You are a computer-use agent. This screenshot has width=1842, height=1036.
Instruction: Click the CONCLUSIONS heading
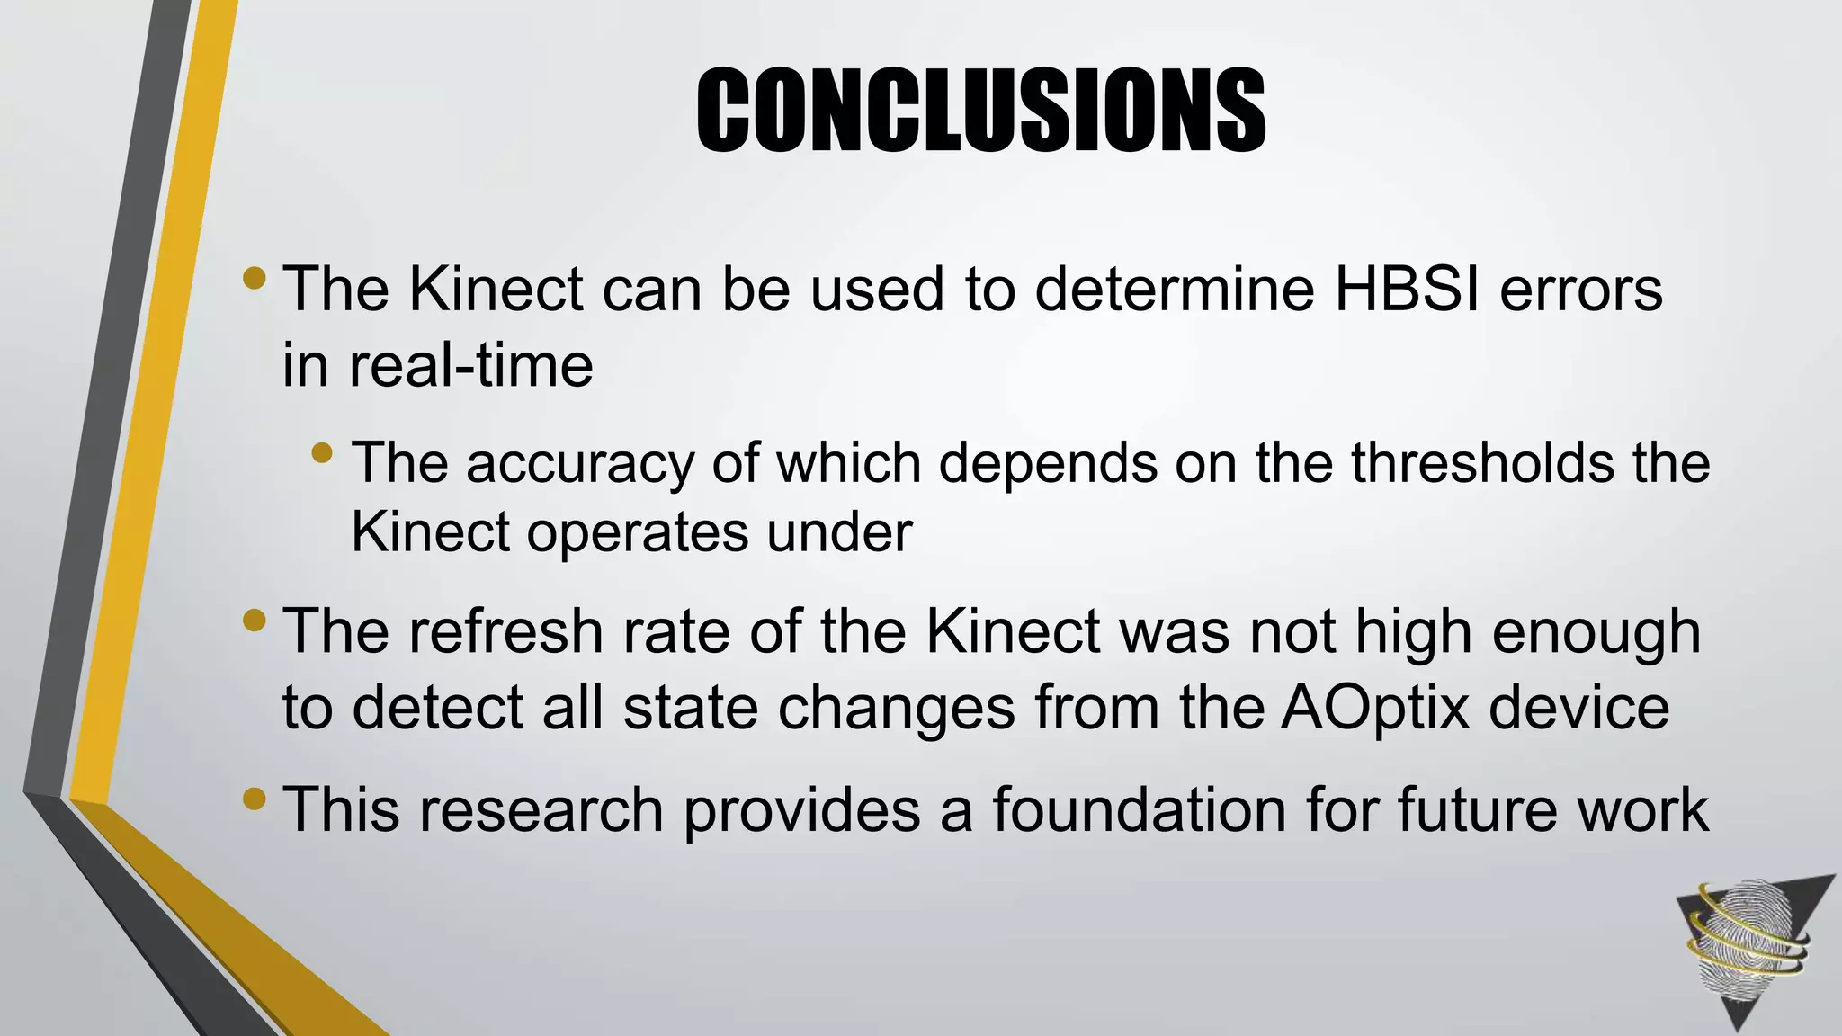pyautogui.click(x=980, y=111)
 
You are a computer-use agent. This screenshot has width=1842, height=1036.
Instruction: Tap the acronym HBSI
pyautogui.click(x=1407, y=290)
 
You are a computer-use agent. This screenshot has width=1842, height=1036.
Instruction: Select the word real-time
pyautogui.click(x=470, y=365)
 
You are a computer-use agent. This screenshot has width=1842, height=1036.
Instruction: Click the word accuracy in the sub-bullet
pyautogui.click(x=580, y=464)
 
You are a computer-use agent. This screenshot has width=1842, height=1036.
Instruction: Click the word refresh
pyautogui.click(x=505, y=631)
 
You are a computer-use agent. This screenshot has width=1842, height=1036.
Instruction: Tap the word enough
pyautogui.click(x=1596, y=633)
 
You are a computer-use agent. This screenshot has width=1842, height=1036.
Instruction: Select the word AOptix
pyautogui.click(x=1375, y=708)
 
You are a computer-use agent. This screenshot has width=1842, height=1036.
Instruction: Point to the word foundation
pyautogui.click(x=1140, y=809)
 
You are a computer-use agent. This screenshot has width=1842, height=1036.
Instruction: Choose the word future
pyautogui.click(x=1476, y=809)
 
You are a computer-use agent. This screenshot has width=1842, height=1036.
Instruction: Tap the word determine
pyautogui.click(x=1175, y=290)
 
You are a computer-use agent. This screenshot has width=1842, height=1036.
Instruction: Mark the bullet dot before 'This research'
pyautogui.click(x=255, y=798)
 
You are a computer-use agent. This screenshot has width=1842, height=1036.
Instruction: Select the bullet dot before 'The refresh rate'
pyautogui.click(x=255, y=620)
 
